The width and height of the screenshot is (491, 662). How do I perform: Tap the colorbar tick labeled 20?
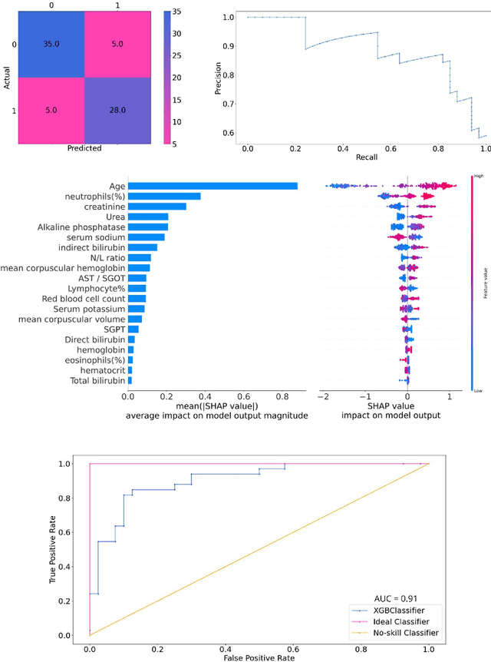point(176,78)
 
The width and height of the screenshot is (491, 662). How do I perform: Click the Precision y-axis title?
point(218,78)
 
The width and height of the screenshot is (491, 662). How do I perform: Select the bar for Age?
point(213,186)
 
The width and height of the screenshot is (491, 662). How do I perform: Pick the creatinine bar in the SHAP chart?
point(157,207)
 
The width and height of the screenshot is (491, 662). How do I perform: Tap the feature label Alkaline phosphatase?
point(81,227)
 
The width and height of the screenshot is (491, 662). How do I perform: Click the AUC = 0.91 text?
point(396,597)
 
